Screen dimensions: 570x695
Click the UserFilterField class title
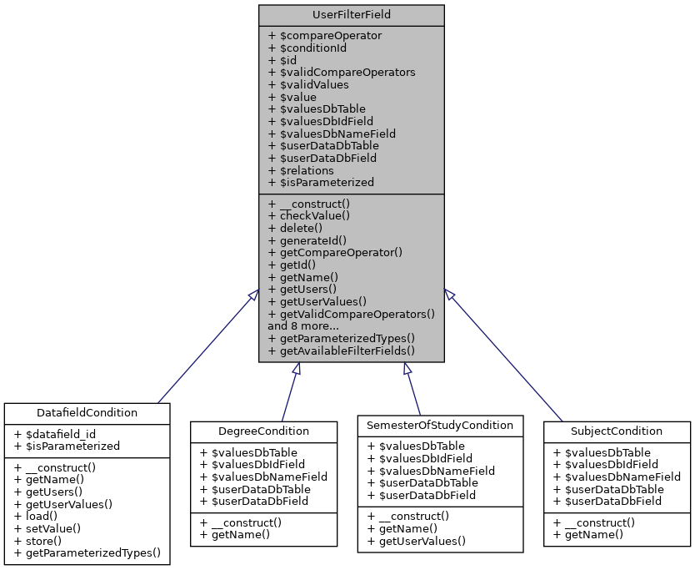(351, 15)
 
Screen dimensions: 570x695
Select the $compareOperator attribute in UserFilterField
(325, 36)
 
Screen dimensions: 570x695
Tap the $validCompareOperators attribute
(342, 73)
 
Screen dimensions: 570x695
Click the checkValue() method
(308, 215)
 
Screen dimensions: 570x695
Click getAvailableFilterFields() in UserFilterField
(347, 351)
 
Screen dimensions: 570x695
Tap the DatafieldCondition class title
(87, 412)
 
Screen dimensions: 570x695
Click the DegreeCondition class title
(264, 431)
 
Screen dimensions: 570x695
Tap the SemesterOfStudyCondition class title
(440, 425)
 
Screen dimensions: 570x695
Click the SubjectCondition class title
(617, 431)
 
